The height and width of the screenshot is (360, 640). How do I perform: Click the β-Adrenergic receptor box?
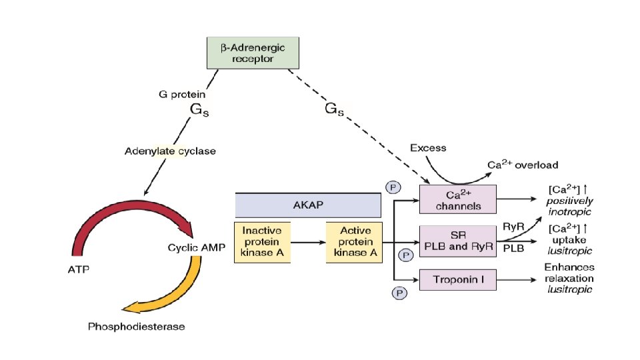point(253,53)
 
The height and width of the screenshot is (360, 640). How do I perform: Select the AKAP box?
point(307,205)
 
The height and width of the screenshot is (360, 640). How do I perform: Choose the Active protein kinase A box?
point(353,241)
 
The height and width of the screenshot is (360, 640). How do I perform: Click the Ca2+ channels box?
point(457,199)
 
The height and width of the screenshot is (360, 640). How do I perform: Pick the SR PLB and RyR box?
point(457,241)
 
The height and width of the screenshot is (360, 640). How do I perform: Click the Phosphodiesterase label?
point(136,327)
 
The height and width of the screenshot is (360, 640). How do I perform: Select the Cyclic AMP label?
point(194,247)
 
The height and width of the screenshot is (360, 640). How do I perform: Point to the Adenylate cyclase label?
point(170,151)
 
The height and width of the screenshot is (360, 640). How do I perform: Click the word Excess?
point(428,147)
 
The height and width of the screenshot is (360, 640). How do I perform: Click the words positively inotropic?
point(569,206)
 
